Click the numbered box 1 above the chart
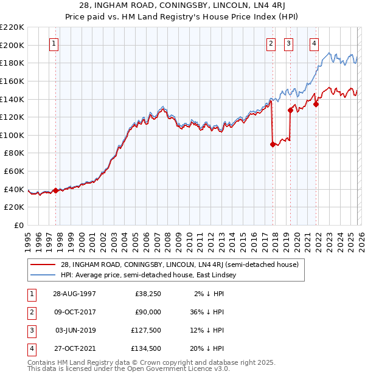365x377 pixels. (x=55, y=43)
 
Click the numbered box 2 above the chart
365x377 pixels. (x=271, y=43)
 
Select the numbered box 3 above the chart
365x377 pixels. (x=288, y=43)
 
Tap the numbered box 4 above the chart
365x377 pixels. (x=314, y=43)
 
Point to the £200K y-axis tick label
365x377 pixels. (x=12, y=45)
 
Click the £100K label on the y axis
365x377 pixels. (x=12, y=135)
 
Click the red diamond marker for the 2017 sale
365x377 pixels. (x=273, y=144)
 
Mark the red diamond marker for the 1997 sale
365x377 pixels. (x=55, y=190)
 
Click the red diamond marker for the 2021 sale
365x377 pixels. (x=316, y=104)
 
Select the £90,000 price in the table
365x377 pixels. (x=147, y=312)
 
